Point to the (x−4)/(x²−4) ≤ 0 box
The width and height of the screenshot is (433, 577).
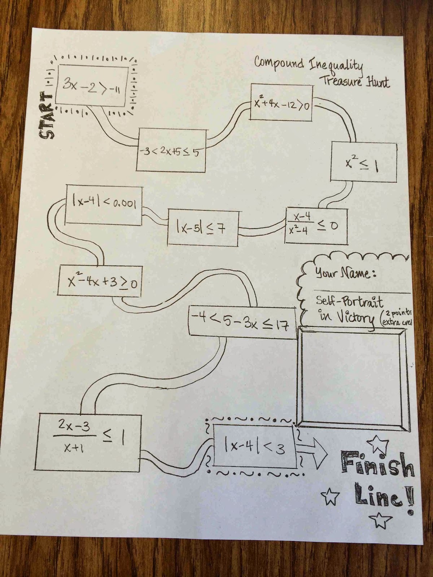coord(317,226)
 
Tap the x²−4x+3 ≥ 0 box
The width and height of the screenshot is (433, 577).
coord(100,282)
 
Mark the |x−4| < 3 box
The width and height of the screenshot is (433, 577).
coord(254,447)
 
